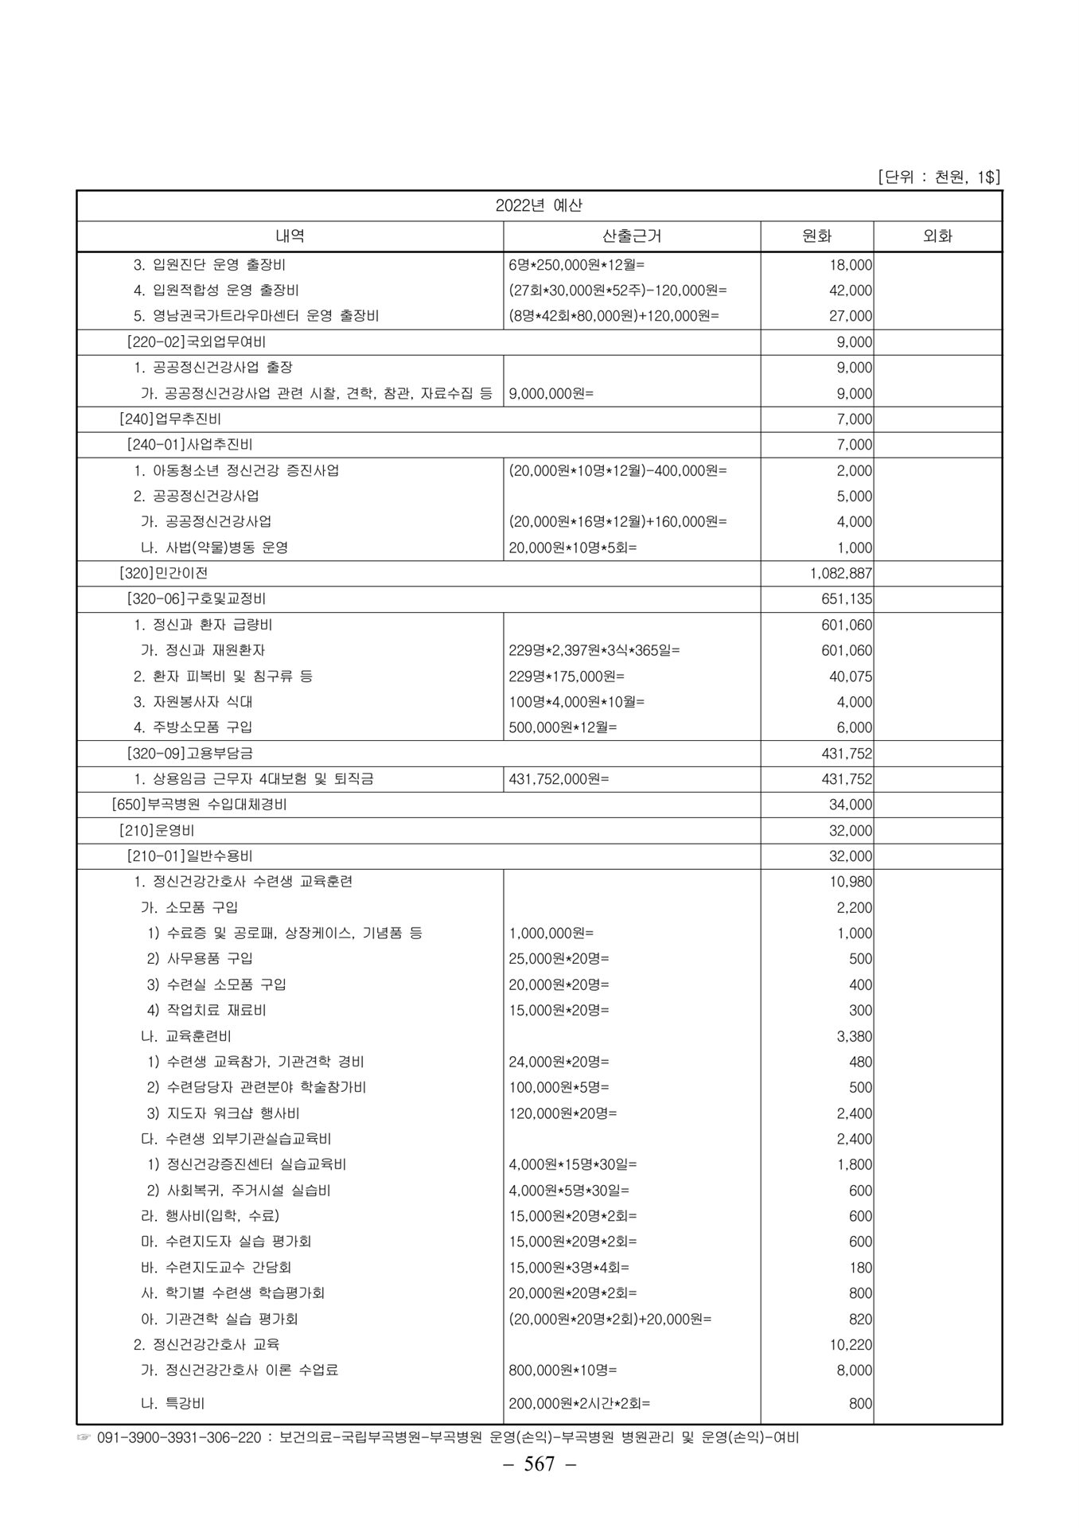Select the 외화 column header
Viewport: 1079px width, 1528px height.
pyautogui.click(x=937, y=236)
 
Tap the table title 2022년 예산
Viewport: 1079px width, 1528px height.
pyautogui.click(x=539, y=205)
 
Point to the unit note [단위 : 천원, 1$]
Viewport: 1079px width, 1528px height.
pyautogui.click(x=938, y=177)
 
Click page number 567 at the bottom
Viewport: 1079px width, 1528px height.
pyautogui.click(x=539, y=1464)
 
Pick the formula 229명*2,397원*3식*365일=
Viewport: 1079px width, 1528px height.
pyautogui.click(x=594, y=650)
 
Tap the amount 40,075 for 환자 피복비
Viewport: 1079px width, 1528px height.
pyautogui.click(x=851, y=676)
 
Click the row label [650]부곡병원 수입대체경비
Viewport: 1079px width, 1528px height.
pyautogui.click(x=200, y=805)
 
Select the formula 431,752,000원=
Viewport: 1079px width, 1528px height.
pyautogui.click(x=559, y=779)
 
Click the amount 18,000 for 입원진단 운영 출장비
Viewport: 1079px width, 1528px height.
pyautogui.click(x=851, y=265)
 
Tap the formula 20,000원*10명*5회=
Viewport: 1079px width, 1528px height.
pyautogui.click(x=573, y=548)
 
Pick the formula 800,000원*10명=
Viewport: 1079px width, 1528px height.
pyautogui.click(x=563, y=1370)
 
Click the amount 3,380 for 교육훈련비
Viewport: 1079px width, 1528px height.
pyautogui.click(x=855, y=1036)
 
